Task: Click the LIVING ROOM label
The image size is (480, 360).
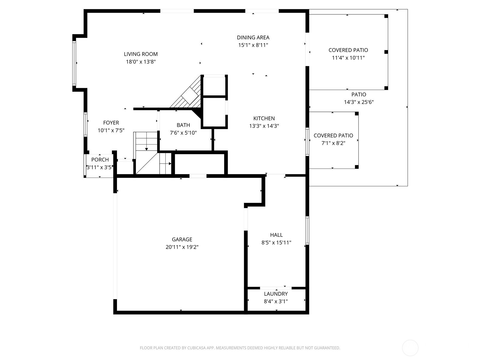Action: [x=141, y=54]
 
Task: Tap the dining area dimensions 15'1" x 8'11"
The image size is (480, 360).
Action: [x=253, y=45]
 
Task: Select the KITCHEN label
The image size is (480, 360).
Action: [x=264, y=118]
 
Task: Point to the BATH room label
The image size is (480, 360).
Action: [x=183, y=125]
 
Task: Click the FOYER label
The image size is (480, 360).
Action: [x=111, y=123]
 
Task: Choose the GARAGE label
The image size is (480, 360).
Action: [x=182, y=239]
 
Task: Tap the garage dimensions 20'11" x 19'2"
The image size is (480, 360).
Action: [x=182, y=247]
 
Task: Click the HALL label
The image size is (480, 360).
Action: [x=276, y=235]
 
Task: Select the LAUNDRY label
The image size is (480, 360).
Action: [x=276, y=294]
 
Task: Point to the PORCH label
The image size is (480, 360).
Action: [x=100, y=160]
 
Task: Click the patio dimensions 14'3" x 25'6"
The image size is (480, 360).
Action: [x=359, y=102]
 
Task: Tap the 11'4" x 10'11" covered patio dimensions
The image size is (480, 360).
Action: [x=348, y=58]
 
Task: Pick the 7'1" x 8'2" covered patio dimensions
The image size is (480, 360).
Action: [x=333, y=143]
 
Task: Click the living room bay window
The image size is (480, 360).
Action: [x=74, y=63]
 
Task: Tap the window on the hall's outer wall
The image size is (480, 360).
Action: [x=307, y=230]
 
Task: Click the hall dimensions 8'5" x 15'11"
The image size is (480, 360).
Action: [x=276, y=242]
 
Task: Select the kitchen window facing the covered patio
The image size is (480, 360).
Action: [x=307, y=142]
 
